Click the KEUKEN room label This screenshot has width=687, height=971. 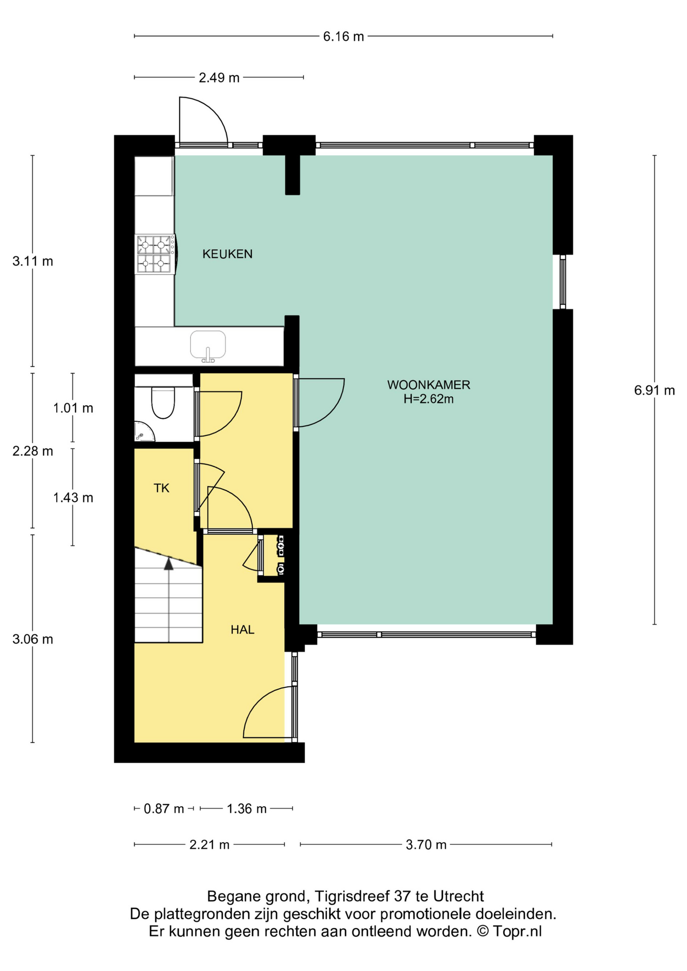(x=227, y=254)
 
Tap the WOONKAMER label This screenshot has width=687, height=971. (x=428, y=385)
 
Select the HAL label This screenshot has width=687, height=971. (x=242, y=630)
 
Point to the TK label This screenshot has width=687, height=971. (x=161, y=488)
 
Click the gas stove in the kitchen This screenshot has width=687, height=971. (x=155, y=254)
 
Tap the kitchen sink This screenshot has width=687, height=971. (x=208, y=346)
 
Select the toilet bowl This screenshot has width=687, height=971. (x=163, y=403)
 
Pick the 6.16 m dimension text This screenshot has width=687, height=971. (x=343, y=36)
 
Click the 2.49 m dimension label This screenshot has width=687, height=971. (x=219, y=78)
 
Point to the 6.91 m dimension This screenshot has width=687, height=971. (x=654, y=390)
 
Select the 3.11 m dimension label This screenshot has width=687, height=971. (x=33, y=261)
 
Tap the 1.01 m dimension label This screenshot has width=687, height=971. (x=73, y=408)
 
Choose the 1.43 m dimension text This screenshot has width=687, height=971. (x=73, y=498)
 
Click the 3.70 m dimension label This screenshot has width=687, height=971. (x=426, y=845)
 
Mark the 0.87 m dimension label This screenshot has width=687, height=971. (x=164, y=809)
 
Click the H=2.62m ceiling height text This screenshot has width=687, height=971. (x=428, y=399)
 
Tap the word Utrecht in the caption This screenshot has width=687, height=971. (x=458, y=897)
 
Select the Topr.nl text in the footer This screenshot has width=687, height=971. (x=517, y=932)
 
